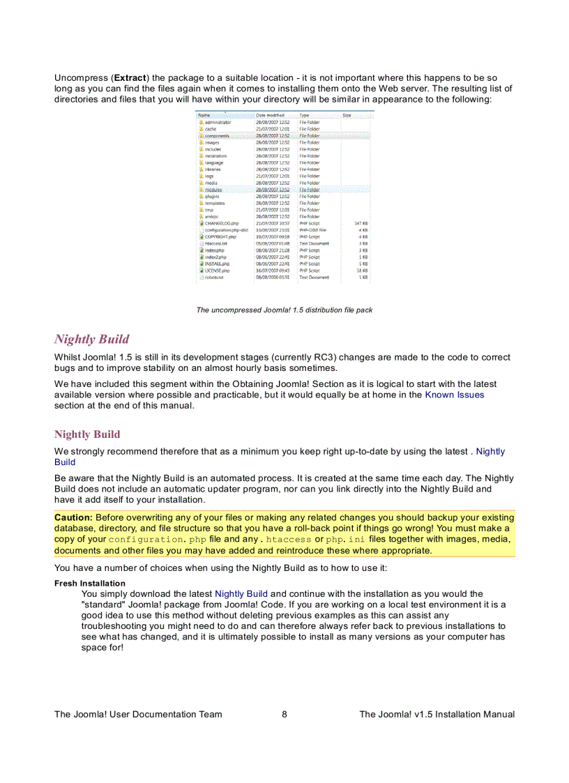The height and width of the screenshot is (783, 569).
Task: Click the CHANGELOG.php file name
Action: tap(222, 223)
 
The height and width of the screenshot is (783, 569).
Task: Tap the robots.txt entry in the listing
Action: tap(214, 278)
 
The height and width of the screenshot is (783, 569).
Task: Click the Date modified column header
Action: tap(270, 115)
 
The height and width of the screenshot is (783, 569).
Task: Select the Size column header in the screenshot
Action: tap(347, 115)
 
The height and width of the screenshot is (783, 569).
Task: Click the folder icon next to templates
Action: tap(201, 203)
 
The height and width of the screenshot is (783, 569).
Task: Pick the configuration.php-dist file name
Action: tap(227, 230)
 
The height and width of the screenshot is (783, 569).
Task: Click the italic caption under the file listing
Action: tap(284, 310)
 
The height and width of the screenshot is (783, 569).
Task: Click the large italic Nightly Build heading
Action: tap(91, 340)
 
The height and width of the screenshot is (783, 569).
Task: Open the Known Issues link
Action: tap(455, 395)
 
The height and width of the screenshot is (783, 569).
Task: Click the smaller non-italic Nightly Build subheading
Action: tap(87, 434)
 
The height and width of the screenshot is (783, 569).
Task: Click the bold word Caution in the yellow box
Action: tap(73, 517)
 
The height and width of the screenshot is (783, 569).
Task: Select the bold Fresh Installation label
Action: tap(90, 583)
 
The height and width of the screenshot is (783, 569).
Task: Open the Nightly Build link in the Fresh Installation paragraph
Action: tap(241, 594)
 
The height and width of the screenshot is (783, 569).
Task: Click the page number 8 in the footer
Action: tap(284, 714)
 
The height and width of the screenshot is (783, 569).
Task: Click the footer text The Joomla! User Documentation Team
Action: tap(138, 714)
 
